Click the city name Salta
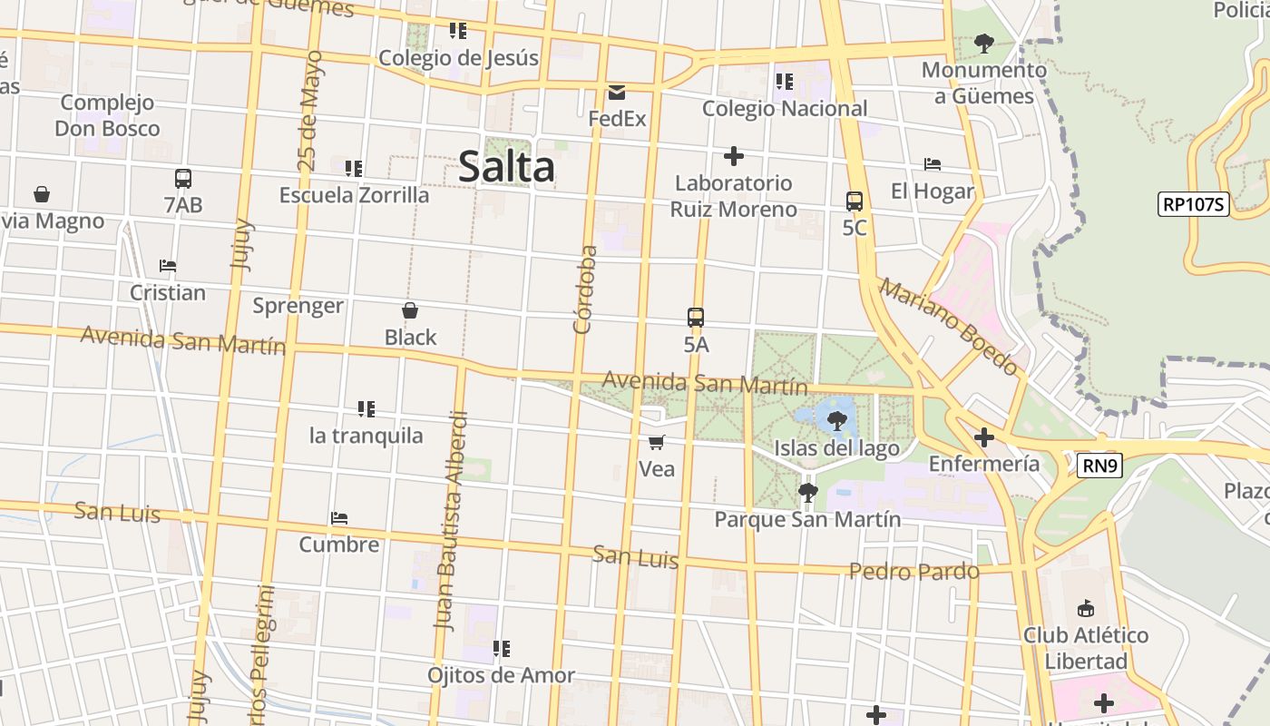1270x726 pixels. [506, 167]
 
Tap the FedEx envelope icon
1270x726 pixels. [617, 92]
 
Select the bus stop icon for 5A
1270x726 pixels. [696, 318]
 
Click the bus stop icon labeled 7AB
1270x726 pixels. [183, 179]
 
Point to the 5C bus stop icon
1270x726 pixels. [855, 201]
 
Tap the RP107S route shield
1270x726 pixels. [1193, 204]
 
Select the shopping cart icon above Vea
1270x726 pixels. [657, 443]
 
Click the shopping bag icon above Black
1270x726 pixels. [410, 311]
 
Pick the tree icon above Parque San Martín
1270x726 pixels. [807, 493]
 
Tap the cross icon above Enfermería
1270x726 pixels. [984, 438]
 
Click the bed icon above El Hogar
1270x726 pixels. [933, 164]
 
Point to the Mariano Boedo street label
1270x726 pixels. [949, 327]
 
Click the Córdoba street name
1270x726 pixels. [586, 289]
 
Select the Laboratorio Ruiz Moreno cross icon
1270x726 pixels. [734, 156]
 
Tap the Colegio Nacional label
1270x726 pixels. [785, 109]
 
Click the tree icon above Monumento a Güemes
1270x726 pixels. [983, 43]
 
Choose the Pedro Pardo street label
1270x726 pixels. [914, 572]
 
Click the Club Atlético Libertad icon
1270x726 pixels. [1085, 608]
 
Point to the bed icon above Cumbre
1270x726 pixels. [339, 518]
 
